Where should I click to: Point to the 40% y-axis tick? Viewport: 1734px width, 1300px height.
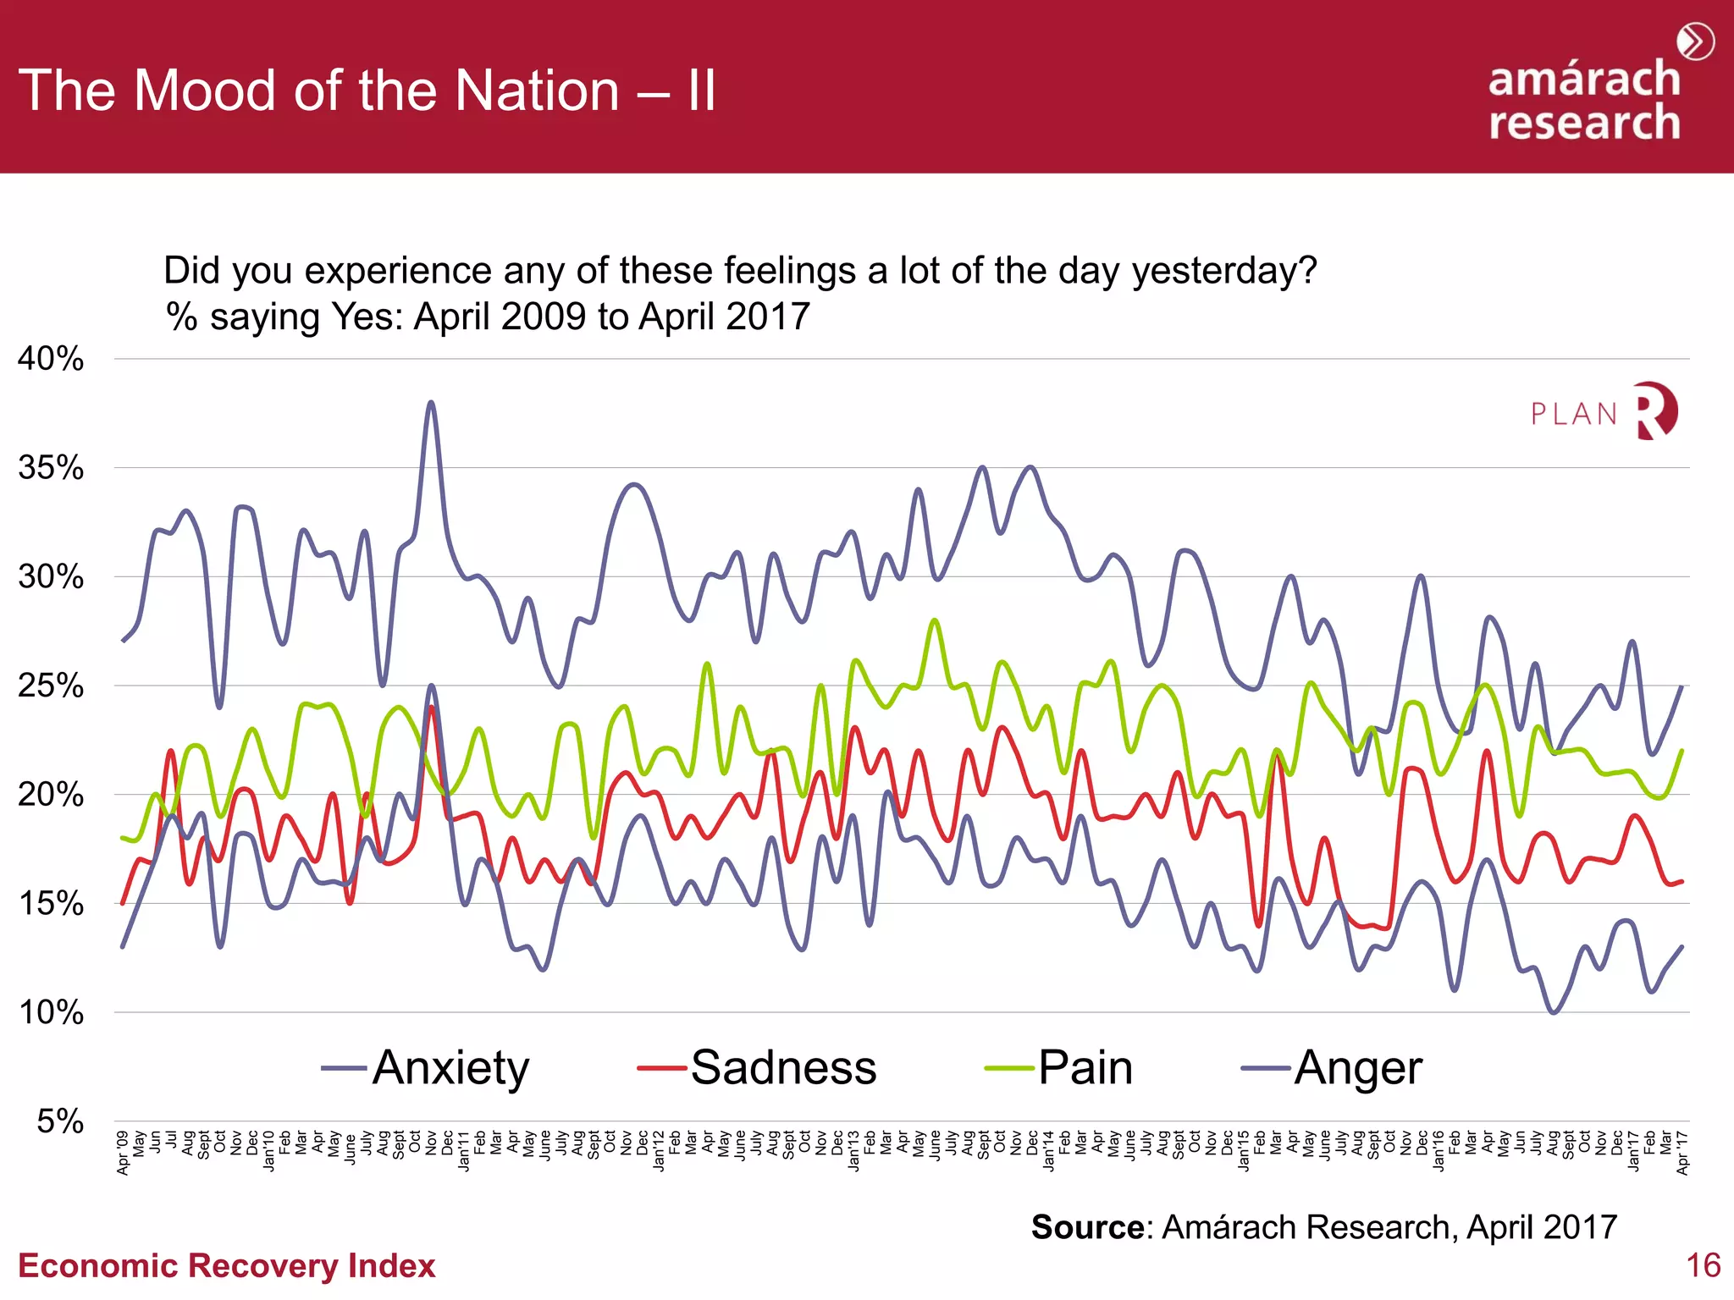(51, 359)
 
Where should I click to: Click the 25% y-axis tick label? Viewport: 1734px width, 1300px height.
(51, 686)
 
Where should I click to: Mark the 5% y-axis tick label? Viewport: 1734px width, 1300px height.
(60, 1121)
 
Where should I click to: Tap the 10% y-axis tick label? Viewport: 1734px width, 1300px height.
(51, 1012)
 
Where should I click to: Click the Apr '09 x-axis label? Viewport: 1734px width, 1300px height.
(124, 1153)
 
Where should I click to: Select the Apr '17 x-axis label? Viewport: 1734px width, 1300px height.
(1682, 1153)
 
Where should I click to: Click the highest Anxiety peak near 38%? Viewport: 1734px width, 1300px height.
(431, 403)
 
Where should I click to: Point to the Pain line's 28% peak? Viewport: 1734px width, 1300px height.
(935, 620)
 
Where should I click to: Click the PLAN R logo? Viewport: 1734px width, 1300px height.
(1604, 412)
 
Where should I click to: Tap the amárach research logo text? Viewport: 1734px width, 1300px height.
(1583, 102)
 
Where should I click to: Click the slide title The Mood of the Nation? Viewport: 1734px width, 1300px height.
(367, 91)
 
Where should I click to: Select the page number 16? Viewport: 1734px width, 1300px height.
(1703, 1265)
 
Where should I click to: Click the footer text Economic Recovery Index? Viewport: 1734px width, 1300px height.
(226, 1265)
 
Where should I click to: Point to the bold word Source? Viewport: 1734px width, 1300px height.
(1087, 1226)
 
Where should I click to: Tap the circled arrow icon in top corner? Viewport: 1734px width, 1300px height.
(1696, 41)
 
